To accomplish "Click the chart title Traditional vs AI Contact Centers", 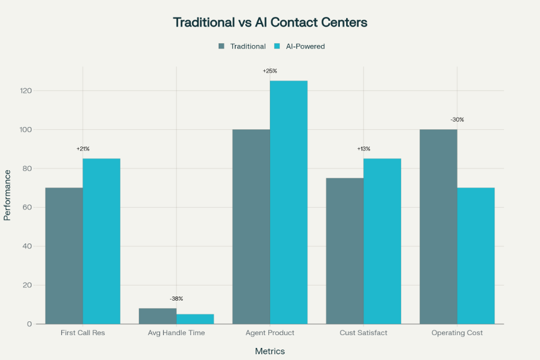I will tap(270, 23).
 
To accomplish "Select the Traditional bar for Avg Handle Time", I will tap(157, 316).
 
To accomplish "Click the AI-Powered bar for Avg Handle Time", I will tap(195, 319).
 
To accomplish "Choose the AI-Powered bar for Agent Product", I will tap(288, 202).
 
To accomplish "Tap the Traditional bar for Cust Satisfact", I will tap(345, 251).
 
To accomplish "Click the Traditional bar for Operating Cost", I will tap(438, 226).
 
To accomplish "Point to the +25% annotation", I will tap(270, 71).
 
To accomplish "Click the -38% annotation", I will tap(177, 299).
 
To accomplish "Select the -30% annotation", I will tap(457, 120).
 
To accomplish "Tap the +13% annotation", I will tap(363, 149).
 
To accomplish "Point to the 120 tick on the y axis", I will tap(24, 91).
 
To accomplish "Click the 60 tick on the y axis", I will tap(26, 208).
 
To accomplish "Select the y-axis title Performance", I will tap(7, 194).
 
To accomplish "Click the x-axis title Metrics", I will tap(270, 351).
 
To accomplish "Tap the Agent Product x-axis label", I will tap(270, 333).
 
